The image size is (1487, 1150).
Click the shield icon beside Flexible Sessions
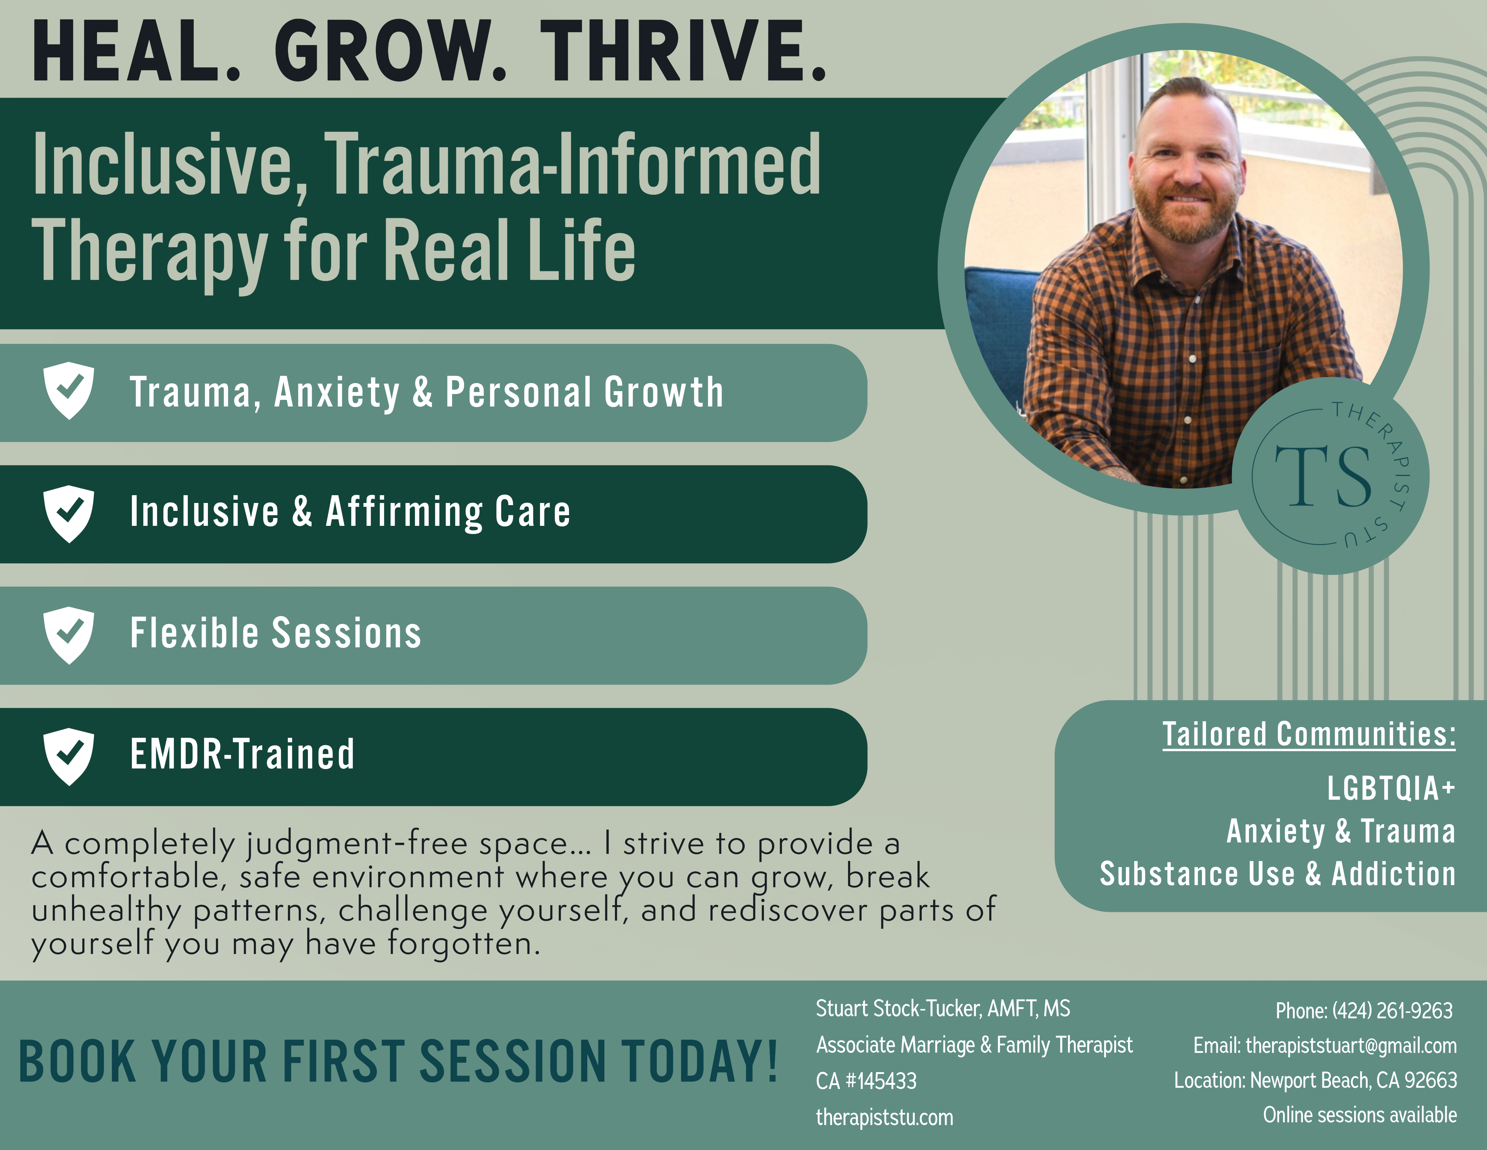click(69, 635)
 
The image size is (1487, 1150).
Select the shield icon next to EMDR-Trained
click(69, 756)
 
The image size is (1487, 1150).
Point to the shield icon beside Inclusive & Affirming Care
click(69, 514)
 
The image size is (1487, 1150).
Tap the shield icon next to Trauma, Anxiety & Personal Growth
click(69, 390)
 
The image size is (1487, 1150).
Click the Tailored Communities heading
click(1309, 734)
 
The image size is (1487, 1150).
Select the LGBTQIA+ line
click(1391, 788)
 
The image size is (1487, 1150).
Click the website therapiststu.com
click(884, 1117)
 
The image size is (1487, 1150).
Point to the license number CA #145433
click(866, 1081)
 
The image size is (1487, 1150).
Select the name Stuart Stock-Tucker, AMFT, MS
click(943, 1009)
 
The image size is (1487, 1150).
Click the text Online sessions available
click(1360, 1115)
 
